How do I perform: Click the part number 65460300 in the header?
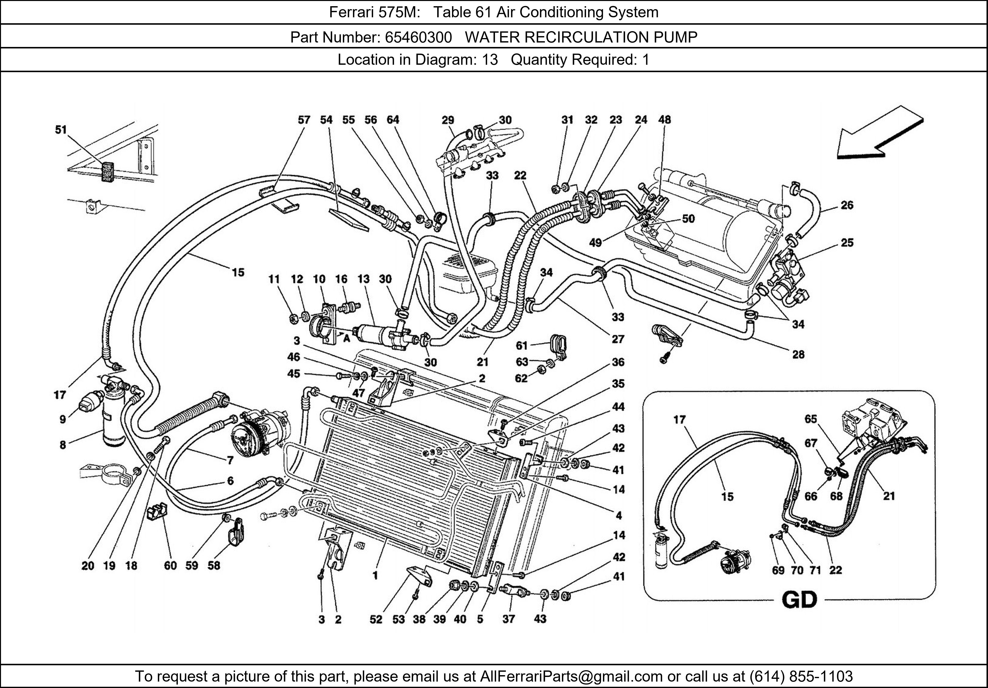pyautogui.click(x=418, y=38)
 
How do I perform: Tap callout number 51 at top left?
pyautogui.click(x=61, y=129)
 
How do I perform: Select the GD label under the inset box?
pyautogui.click(x=799, y=600)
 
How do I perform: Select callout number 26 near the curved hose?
pyautogui.click(x=846, y=205)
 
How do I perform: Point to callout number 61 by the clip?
pyautogui.click(x=521, y=345)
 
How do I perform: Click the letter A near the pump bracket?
pyautogui.click(x=346, y=339)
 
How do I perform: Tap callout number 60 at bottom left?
pyautogui.click(x=170, y=565)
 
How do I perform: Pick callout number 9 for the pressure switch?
pyautogui.click(x=63, y=419)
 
